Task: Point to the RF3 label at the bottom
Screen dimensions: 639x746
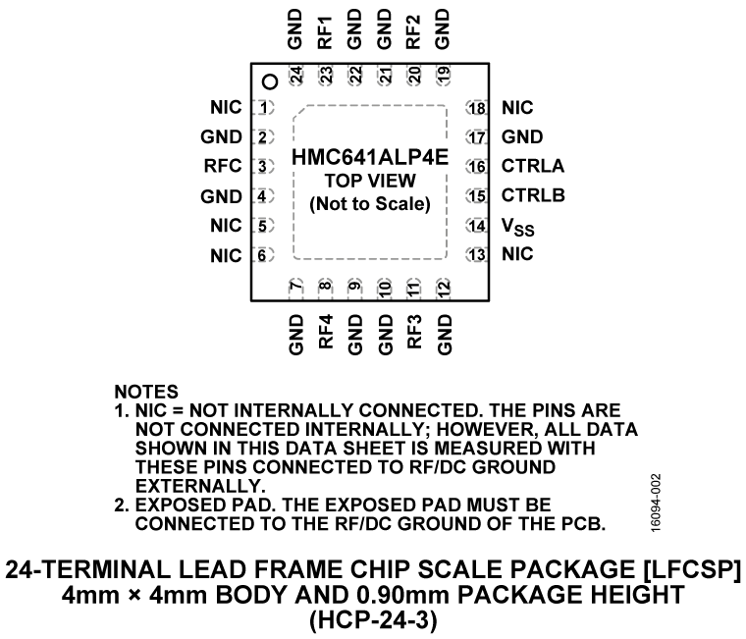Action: (414, 334)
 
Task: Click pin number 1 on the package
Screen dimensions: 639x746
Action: (263, 107)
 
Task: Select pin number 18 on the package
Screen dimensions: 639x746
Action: (477, 107)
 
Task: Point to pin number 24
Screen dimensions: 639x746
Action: (295, 75)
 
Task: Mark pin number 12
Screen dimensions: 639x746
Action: (444, 288)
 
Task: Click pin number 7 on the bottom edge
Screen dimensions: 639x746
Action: (295, 288)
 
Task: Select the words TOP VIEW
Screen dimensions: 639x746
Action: (370, 183)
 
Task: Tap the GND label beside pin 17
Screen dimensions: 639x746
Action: (520, 136)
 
